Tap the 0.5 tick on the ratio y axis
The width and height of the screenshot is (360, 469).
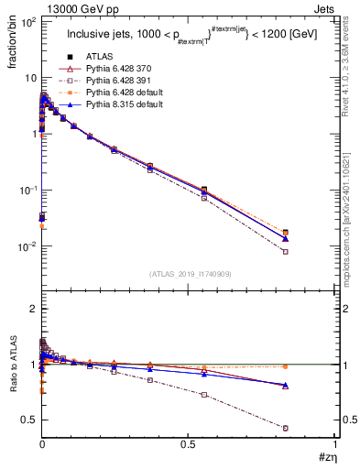tap(27, 420)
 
